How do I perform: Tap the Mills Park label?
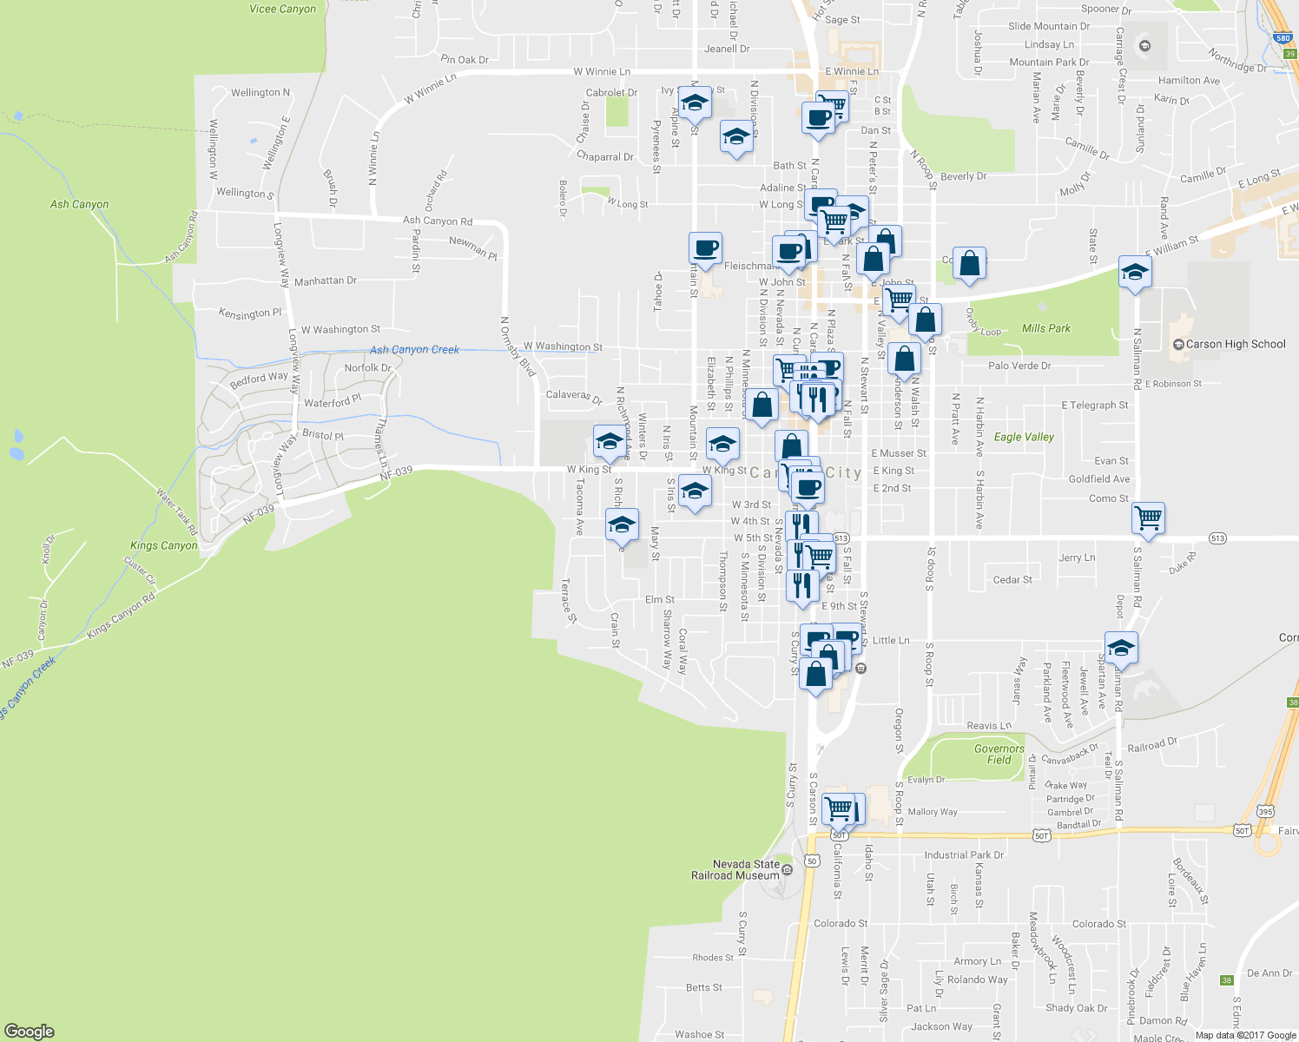[x=1045, y=328]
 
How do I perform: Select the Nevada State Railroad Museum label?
[x=735, y=870]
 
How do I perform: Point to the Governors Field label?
[x=999, y=754]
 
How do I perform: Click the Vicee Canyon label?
[x=282, y=9]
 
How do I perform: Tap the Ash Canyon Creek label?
[x=414, y=350]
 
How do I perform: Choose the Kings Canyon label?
[x=163, y=545]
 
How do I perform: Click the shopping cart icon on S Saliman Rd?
[x=1149, y=518]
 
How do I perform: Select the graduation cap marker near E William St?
[x=1135, y=273]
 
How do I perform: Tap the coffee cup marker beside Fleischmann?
[x=705, y=248]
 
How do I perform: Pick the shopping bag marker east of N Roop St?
[x=969, y=262]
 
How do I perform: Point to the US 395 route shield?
[x=1265, y=812]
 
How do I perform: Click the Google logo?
[x=30, y=1032]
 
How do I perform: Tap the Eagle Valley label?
[x=1024, y=437]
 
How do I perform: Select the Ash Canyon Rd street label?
[x=437, y=221]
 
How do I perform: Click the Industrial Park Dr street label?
[x=964, y=855]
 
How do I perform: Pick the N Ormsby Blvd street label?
[x=518, y=346]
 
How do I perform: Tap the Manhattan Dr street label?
[x=325, y=281]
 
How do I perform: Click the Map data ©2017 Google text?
[x=1245, y=1035]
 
